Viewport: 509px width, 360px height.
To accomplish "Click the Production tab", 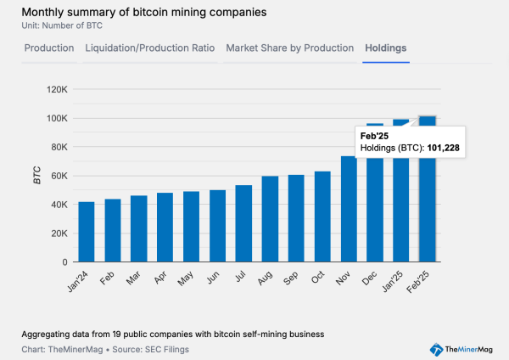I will (x=48, y=48).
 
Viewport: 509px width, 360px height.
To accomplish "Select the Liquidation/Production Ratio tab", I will (x=149, y=48).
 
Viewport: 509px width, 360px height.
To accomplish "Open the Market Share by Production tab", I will (x=289, y=48).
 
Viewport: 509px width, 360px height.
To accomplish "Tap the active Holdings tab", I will (x=385, y=48).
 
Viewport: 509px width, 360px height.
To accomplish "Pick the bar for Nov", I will (x=349, y=209).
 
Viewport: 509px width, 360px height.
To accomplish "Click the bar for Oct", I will (x=322, y=217).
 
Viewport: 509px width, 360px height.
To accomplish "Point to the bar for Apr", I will (x=165, y=228).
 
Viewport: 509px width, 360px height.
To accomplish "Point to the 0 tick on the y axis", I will (x=64, y=262).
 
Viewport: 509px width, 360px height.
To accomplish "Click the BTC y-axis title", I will (x=37, y=176).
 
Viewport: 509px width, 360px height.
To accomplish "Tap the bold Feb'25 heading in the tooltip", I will (x=374, y=136).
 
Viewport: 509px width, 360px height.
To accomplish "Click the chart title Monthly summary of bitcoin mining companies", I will (x=132, y=13).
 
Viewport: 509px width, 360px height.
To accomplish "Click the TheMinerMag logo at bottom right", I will (x=464, y=349).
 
